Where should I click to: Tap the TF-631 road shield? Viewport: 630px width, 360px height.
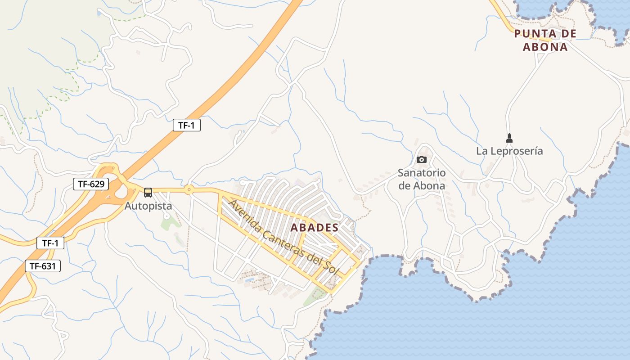coord(43,266)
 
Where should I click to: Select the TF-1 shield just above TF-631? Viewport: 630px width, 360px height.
coord(50,243)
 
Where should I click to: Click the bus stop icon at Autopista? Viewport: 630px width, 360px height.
coord(148,193)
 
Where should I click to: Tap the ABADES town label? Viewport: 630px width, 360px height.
coord(314,227)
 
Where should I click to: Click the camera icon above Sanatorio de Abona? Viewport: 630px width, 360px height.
coord(422,159)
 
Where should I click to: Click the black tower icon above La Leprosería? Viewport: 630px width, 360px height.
coord(509,138)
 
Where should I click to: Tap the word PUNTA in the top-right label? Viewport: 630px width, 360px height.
coord(532,34)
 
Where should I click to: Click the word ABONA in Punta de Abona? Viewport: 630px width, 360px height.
coord(545,47)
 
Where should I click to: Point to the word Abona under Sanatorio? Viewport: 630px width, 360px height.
coord(429,186)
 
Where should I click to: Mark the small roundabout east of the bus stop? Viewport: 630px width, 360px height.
coord(189,189)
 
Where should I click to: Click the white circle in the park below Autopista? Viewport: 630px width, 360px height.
coord(166,216)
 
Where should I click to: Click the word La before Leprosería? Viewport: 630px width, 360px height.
coord(482,151)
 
